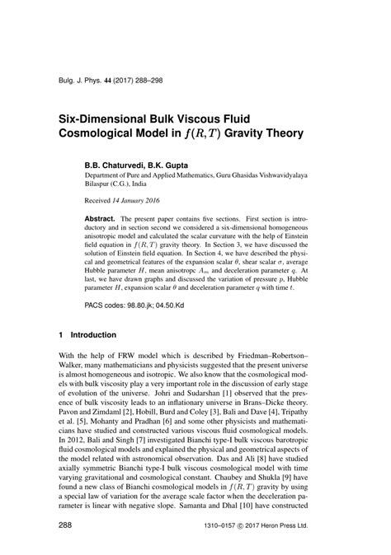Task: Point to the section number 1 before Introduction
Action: click(60, 336)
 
